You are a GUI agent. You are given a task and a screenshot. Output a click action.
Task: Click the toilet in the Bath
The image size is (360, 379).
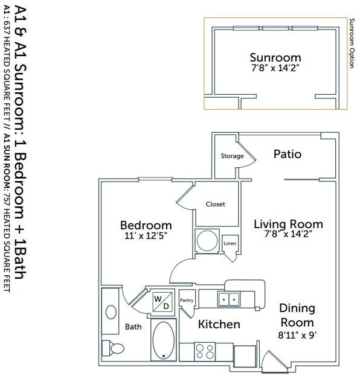tap(113, 348)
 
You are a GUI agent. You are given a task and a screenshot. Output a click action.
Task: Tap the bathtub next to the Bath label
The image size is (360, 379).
tap(163, 340)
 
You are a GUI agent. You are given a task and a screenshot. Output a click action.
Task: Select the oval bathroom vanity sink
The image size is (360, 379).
tap(111, 312)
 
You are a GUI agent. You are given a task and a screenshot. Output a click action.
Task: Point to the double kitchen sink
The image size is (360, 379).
tap(229, 299)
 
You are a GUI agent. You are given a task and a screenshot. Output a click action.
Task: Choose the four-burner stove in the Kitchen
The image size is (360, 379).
tap(205, 351)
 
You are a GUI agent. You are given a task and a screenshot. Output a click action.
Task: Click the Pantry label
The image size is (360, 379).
tap(187, 300)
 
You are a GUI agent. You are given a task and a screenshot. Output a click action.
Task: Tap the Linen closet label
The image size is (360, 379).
tap(230, 243)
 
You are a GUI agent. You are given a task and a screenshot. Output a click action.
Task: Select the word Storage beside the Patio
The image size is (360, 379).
tap(232, 156)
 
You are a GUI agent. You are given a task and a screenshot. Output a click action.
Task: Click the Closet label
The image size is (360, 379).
tap(215, 204)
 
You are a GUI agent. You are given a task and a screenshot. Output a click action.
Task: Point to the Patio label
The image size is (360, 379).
tap(288, 154)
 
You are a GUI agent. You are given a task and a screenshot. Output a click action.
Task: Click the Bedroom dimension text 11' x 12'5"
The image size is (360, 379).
tap(146, 235)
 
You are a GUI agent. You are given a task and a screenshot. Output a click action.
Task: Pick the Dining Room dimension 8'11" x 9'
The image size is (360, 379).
tap(297, 336)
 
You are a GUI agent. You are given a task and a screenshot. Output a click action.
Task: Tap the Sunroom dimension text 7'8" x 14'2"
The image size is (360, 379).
tap(275, 68)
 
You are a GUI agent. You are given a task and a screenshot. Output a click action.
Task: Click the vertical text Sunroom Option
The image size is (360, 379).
tap(352, 43)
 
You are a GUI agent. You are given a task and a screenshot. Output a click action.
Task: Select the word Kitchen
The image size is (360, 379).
tap(219, 324)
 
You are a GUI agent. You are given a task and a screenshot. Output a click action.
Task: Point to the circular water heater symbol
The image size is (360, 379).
tap(207, 241)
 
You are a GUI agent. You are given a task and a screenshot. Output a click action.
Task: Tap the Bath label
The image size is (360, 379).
tap(133, 326)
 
